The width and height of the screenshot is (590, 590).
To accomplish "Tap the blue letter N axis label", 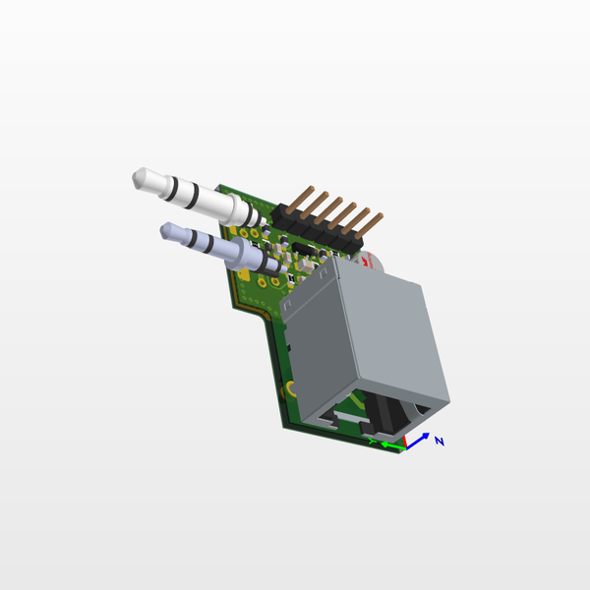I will [440, 442].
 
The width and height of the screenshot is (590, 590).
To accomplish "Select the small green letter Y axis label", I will [372, 442].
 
